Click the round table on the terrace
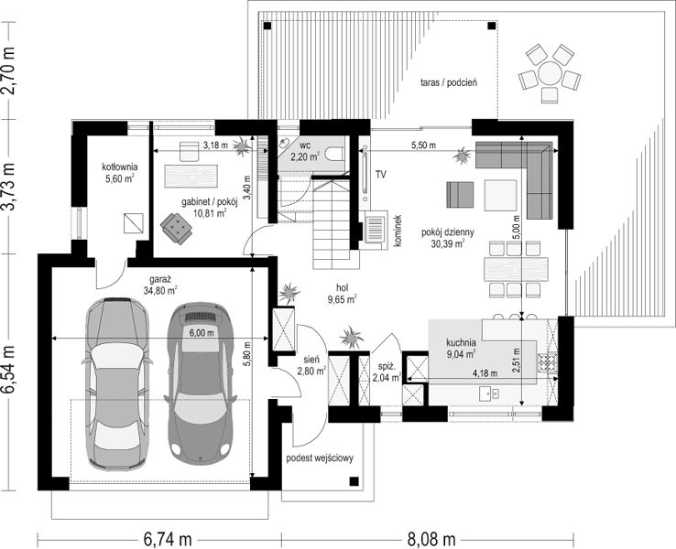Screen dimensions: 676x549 550,73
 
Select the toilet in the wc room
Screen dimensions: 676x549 335,154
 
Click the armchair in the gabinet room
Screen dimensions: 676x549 177,227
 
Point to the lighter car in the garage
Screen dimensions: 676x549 116,383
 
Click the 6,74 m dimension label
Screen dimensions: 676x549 168,539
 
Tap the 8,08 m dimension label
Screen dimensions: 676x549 431,539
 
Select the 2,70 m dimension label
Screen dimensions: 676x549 8,70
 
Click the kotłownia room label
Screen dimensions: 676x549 119,167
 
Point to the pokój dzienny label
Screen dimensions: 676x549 448,232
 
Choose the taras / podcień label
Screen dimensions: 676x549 449,82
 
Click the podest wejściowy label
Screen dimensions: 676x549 320,457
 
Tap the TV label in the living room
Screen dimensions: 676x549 380,175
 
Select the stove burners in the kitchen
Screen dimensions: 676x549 546,362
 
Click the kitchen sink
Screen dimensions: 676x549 490,393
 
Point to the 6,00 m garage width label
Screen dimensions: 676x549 202,333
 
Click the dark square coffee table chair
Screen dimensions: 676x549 460,195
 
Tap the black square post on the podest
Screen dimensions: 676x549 354,481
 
